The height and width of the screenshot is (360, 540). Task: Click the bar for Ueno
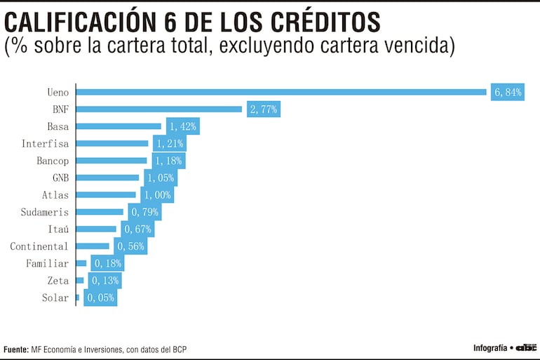coord(281,92)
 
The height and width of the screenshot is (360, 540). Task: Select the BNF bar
coord(158,109)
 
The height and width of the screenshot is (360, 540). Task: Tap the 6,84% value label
coord(508,92)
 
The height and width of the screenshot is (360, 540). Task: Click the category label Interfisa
coord(45,143)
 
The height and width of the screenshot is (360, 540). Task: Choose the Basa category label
coord(58,126)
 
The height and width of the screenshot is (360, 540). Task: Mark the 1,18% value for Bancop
coord(168,161)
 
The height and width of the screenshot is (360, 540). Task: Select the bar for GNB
coord(107,178)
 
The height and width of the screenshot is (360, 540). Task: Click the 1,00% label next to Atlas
coord(157,195)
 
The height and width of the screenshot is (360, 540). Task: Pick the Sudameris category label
coord(44,212)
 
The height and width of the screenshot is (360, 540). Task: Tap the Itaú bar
coord(96,229)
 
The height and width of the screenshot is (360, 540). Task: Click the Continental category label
coord(39,246)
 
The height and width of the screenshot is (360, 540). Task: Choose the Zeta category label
coord(58,281)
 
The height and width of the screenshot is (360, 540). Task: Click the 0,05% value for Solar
coord(100,298)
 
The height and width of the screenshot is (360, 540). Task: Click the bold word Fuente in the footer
coord(15,349)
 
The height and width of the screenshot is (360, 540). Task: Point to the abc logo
coord(526,347)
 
